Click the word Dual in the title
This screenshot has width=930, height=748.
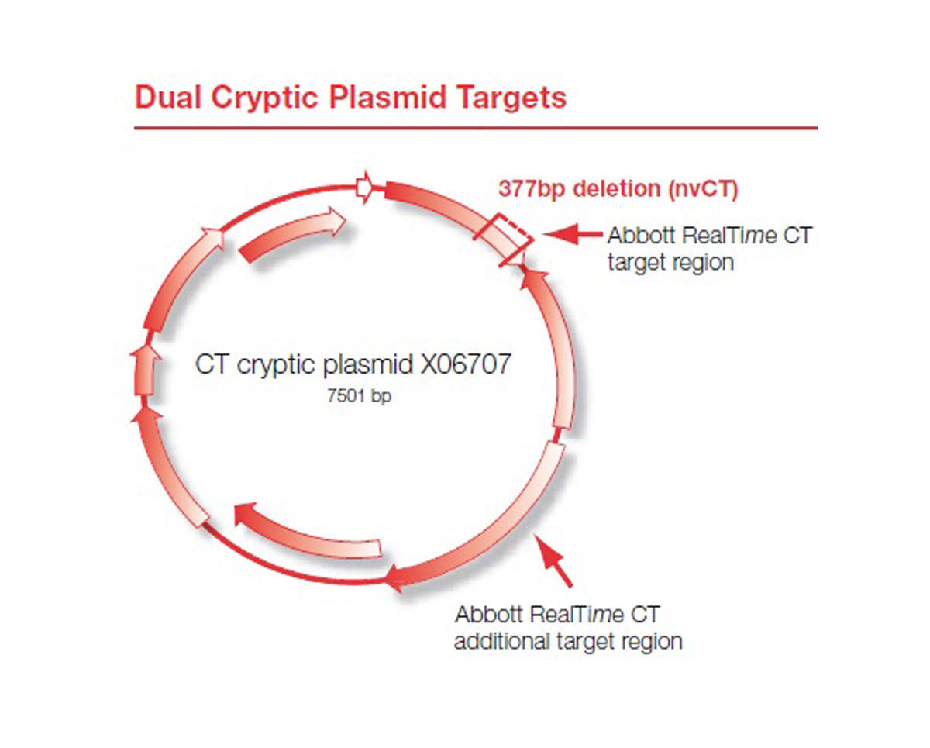[168, 97]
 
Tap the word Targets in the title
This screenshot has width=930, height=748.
[512, 98]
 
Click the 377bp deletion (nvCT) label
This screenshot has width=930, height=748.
[618, 189]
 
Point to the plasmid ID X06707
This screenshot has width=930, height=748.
[466, 364]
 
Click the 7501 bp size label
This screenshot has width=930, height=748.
[359, 395]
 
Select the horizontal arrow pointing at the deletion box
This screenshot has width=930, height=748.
[572, 234]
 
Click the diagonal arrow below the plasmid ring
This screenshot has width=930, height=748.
[553, 560]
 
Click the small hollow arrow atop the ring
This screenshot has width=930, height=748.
[364, 188]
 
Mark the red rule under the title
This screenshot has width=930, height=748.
[476, 128]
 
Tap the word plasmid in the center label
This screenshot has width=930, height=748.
[368, 364]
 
